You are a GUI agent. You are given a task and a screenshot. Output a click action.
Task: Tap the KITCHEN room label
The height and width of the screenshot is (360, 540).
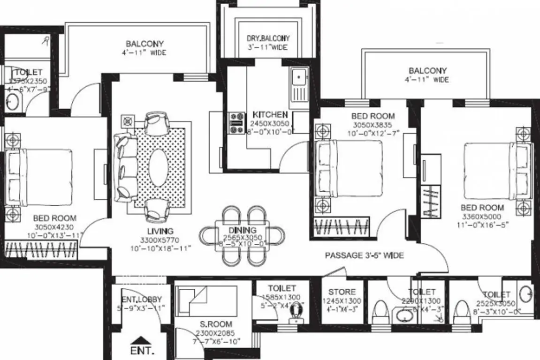point(270,114)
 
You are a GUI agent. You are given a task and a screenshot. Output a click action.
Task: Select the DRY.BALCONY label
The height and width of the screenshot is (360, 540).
point(268,38)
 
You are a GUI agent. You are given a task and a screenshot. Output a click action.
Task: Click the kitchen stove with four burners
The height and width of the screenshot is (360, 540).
point(236,121)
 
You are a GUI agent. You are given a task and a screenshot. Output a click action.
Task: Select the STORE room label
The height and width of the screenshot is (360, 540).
point(342,292)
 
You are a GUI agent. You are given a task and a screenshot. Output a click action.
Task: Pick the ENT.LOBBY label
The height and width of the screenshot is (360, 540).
point(141,299)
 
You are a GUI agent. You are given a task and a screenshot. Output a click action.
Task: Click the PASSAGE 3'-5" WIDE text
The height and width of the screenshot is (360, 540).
point(365,255)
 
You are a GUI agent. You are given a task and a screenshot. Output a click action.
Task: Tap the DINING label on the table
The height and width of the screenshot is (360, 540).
point(243,230)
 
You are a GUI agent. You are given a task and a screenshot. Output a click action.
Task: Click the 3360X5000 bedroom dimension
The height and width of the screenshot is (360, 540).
point(482,216)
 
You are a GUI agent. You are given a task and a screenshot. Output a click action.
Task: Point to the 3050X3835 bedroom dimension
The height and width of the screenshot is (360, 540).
point(373,125)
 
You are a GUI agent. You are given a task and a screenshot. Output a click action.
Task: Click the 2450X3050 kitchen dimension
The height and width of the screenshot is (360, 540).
point(270,123)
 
